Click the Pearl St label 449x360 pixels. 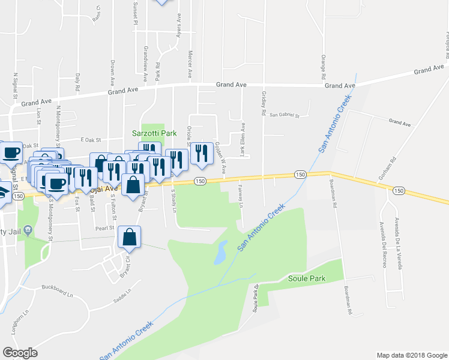104,229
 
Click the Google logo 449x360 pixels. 20,353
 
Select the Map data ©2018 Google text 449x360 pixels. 411,355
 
